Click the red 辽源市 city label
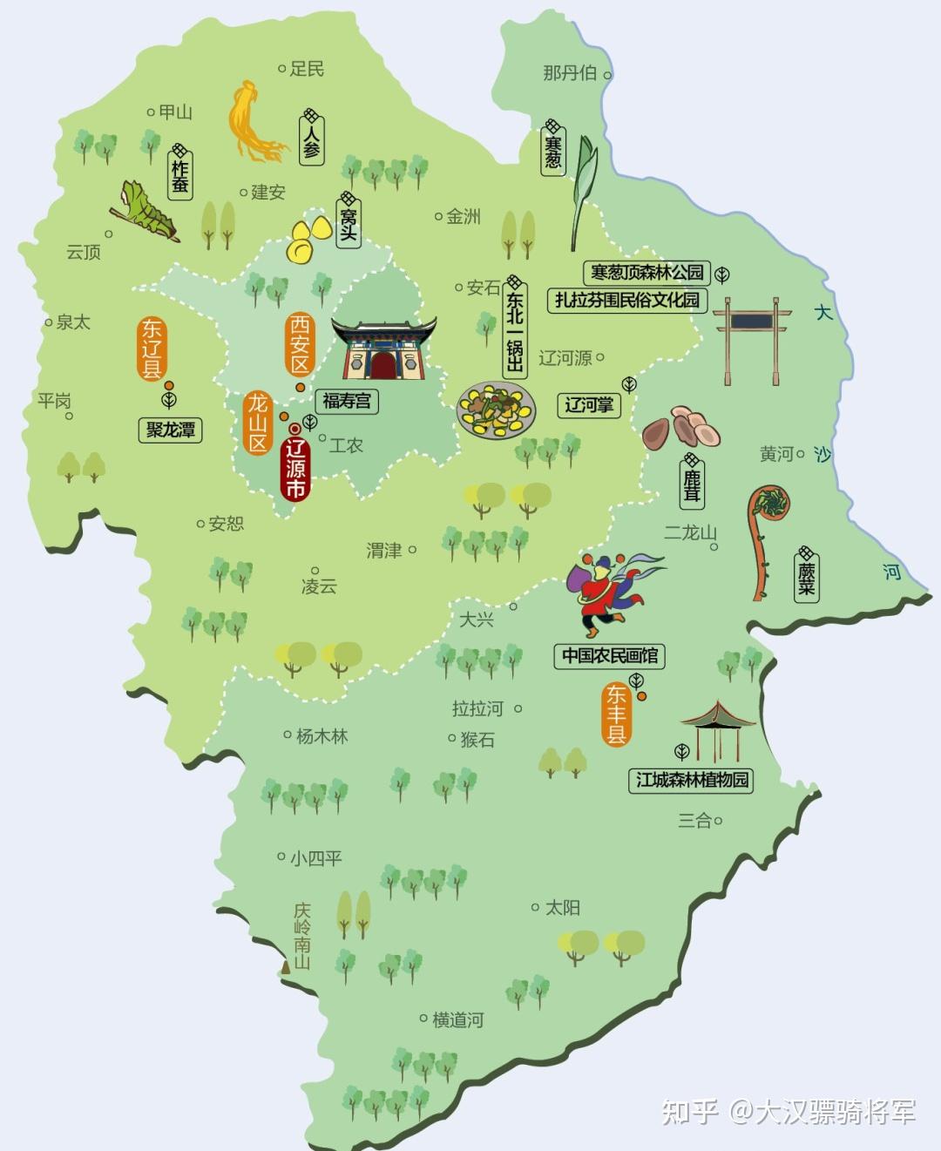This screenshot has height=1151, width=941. (x=296, y=470)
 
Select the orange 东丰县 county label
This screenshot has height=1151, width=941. (x=617, y=714)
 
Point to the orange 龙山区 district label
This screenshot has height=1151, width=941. (x=258, y=423)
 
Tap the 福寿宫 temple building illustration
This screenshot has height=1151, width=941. (x=382, y=349)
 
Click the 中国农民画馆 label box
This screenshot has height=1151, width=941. (x=609, y=656)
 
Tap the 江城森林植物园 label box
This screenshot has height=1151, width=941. (x=692, y=780)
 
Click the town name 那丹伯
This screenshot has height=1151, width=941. (x=570, y=73)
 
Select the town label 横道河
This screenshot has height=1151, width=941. (x=457, y=1019)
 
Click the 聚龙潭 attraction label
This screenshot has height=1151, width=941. (x=170, y=430)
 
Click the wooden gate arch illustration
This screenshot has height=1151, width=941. (x=752, y=340)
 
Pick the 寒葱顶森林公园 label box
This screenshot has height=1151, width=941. (x=647, y=273)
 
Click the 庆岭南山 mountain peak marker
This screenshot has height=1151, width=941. (x=285, y=968)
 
